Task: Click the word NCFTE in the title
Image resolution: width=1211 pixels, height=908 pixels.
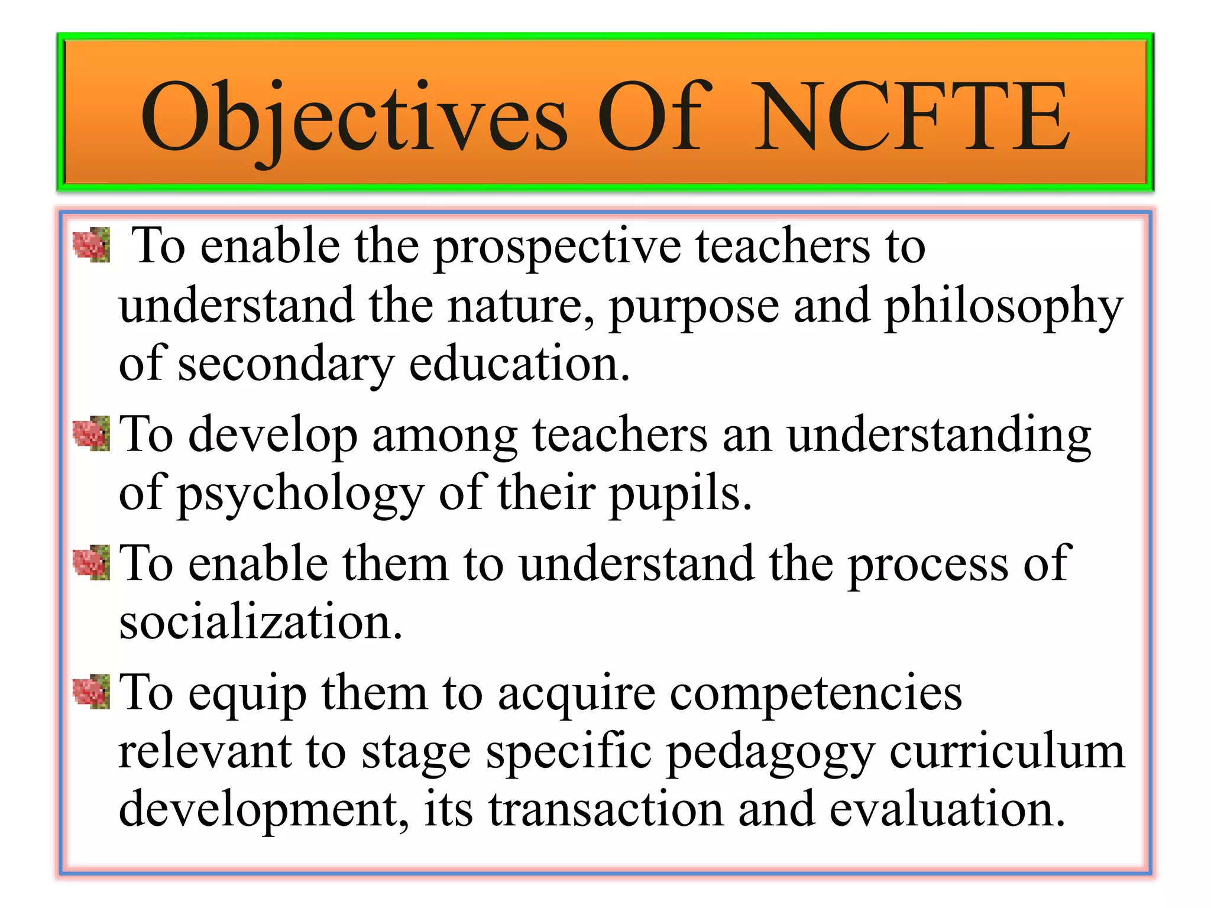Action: [x=912, y=116]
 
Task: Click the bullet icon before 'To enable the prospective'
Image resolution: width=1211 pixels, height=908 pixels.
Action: [x=91, y=245]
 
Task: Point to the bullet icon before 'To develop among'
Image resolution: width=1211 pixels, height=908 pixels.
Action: [x=91, y=433]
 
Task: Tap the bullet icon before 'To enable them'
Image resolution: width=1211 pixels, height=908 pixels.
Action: [x=91, y=563]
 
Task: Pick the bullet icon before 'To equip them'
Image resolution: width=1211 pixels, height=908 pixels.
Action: [x=91, y=691]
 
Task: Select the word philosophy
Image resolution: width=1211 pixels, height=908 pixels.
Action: [x=1003, y=307]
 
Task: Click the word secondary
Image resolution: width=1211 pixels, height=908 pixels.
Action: [x=286, y=365]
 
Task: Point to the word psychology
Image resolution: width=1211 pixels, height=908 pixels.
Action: [x=301, y=495]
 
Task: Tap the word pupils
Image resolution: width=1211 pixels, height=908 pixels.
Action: [x=680, y=495]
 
